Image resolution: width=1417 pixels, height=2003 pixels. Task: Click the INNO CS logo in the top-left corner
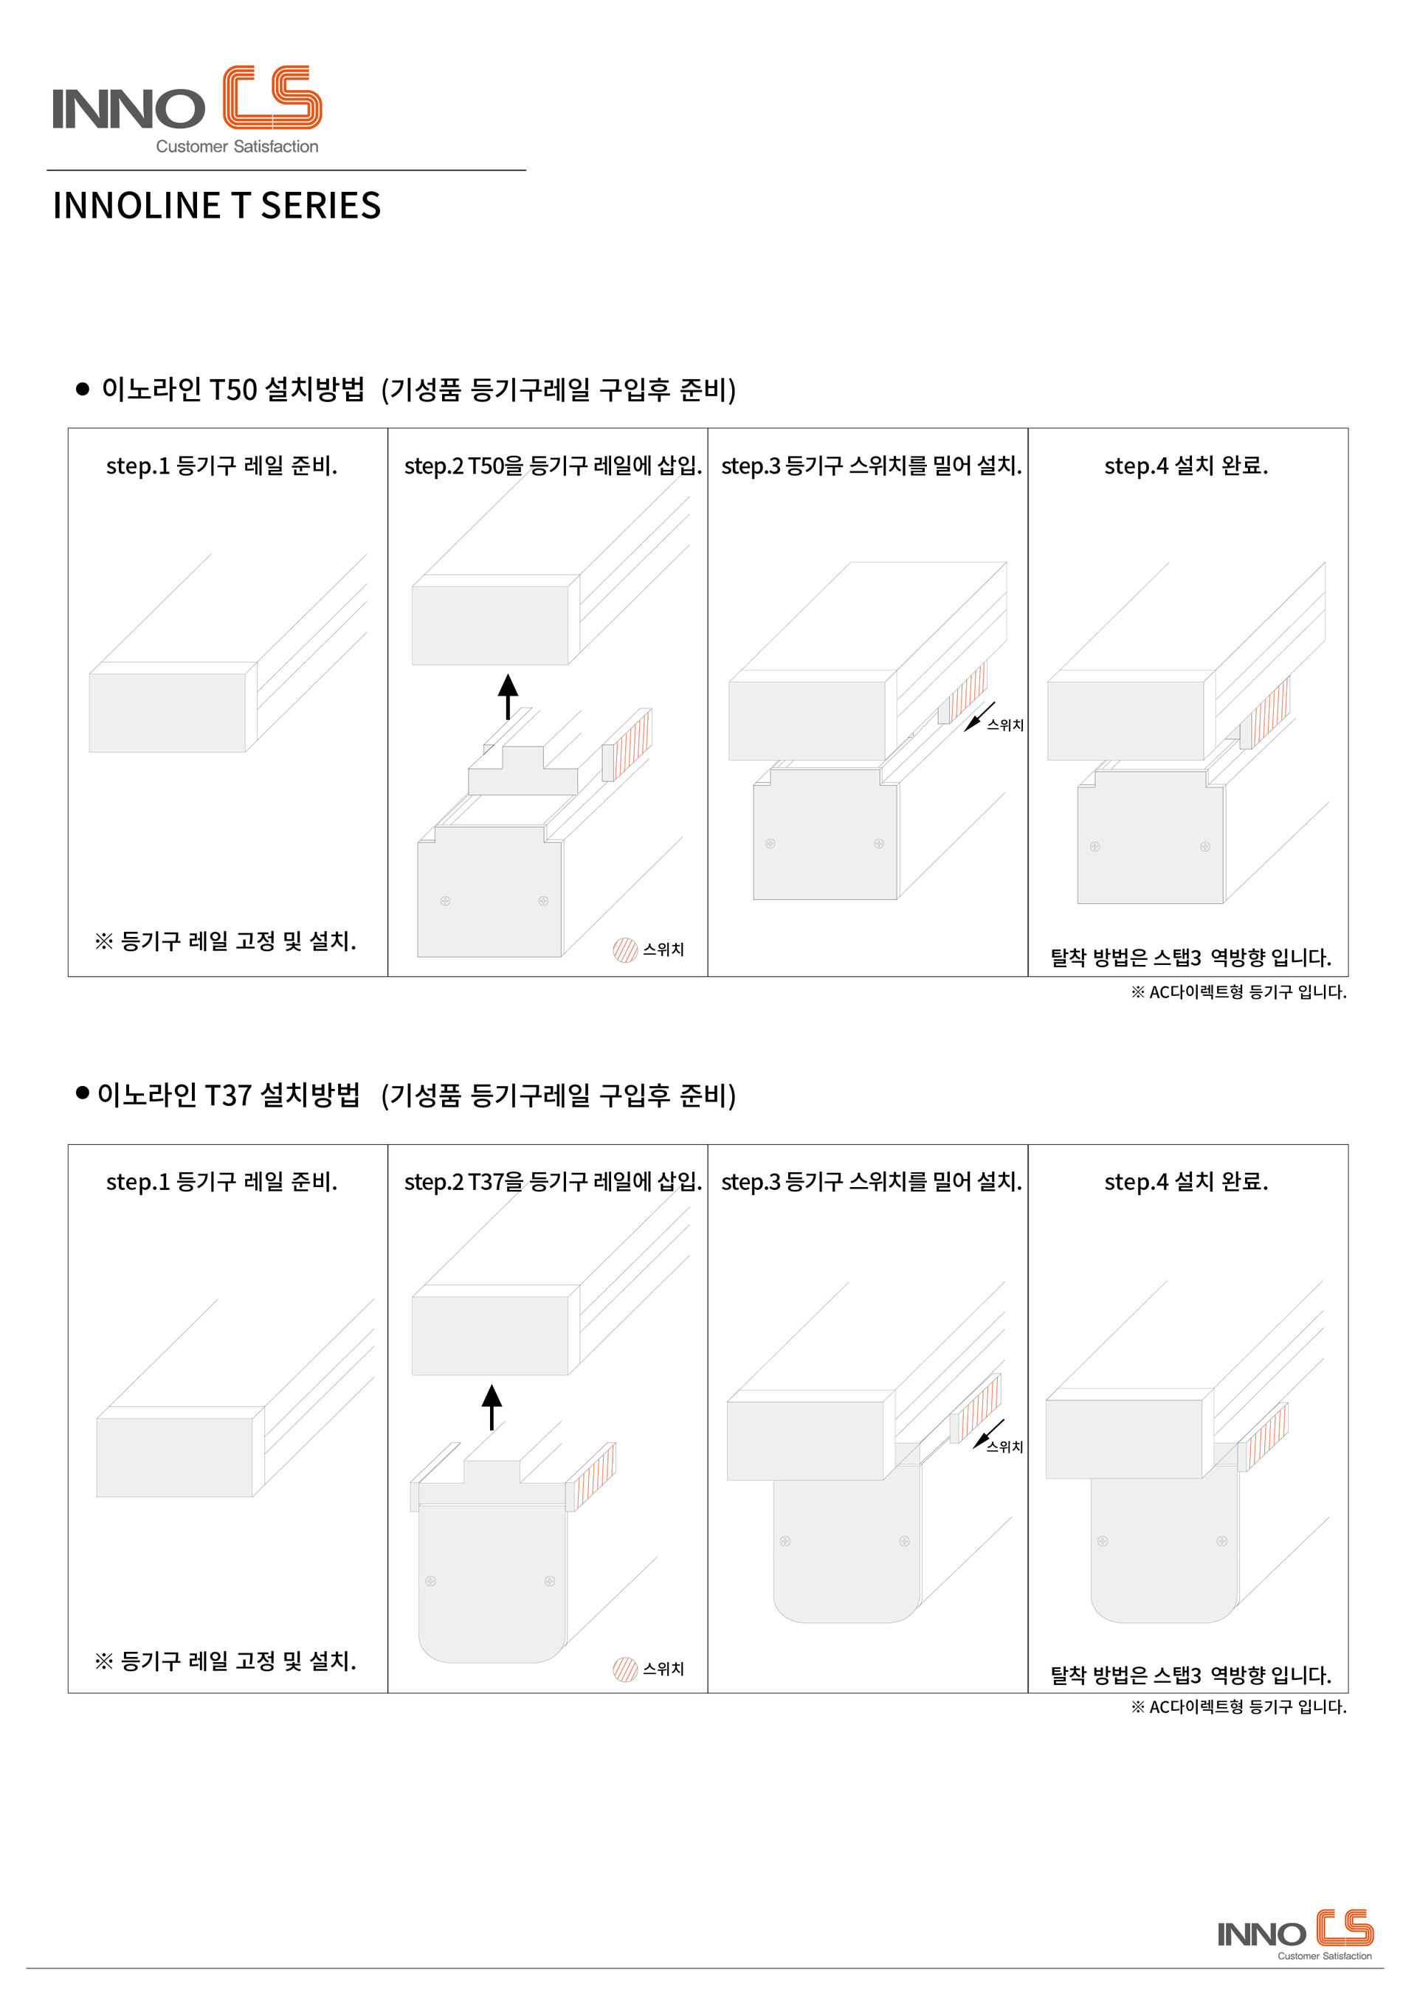(x=187, y=110)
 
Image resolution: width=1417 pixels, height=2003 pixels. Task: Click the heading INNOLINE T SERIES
(x=216, y=206)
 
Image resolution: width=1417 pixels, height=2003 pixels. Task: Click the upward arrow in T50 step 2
(x=508, y=696)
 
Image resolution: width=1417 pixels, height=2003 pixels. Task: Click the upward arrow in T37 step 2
(x=492, y=1407)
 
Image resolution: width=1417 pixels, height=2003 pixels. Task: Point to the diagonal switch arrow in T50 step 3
(x=979, y=717)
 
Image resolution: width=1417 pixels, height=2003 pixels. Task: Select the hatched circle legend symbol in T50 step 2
(x=625, y=949)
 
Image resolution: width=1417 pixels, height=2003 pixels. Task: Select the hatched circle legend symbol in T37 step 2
(x=625, y=1669)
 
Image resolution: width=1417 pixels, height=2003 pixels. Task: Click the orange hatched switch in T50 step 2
(x=627, y=745)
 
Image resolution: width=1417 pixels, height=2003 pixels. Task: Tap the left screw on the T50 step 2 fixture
(x=445, y=900)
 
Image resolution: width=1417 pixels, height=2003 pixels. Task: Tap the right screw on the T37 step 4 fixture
(x=1221, y=1540)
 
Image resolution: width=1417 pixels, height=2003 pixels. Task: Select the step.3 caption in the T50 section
(x=872, y=466)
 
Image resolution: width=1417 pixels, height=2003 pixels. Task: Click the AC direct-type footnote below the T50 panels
(x=1239, y=992)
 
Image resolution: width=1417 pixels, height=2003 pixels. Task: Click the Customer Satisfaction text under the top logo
(x=238, y=147)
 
